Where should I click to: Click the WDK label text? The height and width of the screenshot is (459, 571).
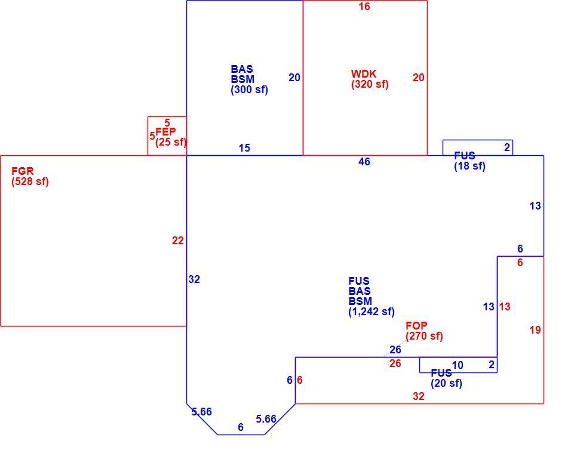click(x=363, y=74)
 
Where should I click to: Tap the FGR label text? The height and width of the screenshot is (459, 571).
click(x=23, y=171)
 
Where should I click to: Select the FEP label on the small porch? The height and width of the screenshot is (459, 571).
click(x=165, y=131)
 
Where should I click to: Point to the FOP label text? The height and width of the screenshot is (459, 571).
click(x=416, y=325)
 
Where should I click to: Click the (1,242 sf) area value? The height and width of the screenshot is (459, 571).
click(x=372, y=312)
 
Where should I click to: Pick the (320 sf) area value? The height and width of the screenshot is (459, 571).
click(x=370, y=84)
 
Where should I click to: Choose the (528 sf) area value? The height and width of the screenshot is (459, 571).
click(x=30, y=181)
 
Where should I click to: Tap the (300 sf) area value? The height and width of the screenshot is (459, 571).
click(x=250, y=90)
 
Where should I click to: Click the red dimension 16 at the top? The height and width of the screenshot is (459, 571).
click(x=364, y=7)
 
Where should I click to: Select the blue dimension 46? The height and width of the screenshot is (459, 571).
click(x=364, y=162)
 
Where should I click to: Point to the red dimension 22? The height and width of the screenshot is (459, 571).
click(x=178, y=241)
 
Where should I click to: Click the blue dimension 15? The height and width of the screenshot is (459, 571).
click(x=244, y=148)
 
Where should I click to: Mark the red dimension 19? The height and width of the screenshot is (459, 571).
click(x=535, y=330)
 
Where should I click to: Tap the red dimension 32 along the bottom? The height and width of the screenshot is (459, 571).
click(x=419, y=396)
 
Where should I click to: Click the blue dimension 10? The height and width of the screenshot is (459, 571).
click(x=458, y=365)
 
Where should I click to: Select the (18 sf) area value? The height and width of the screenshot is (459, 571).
click(x=470, y=166)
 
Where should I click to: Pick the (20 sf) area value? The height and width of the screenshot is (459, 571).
click(x=446, y=383)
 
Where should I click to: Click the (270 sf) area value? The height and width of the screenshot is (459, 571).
click(x=424, y=336)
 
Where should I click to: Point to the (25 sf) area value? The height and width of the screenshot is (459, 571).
click(x=171, y=142)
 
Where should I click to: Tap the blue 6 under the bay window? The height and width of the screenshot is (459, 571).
click(x=241, y=427)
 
